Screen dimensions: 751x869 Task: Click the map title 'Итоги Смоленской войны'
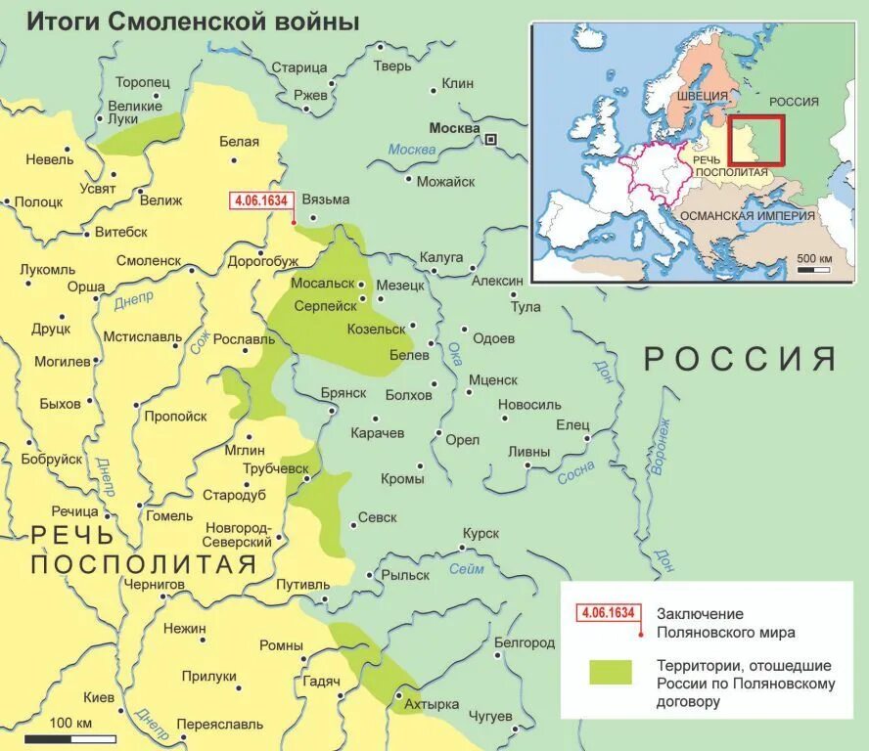pos(192,22)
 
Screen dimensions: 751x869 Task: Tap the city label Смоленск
pos(149,261)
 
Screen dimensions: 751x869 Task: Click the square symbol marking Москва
pos(490,140)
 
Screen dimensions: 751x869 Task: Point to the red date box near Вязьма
pos(260,200)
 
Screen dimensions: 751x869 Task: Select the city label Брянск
pos(343,392)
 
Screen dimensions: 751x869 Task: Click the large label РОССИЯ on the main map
pos(740,359)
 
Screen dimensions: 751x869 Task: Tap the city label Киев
pos(99,697)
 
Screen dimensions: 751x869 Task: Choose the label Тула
pos(526,307)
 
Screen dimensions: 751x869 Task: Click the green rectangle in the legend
pos(611,672)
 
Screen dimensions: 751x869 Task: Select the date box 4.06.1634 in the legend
pos(607,613)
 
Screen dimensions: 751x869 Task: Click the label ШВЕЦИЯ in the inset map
pos(708,96)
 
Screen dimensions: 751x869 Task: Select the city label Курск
pos(480,534)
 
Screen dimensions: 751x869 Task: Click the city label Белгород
pos(525,642)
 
